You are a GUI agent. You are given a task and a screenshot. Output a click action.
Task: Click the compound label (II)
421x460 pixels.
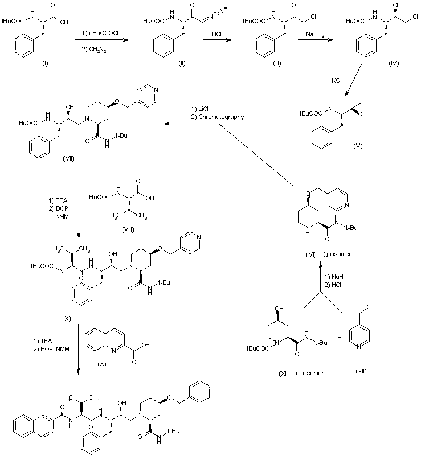point(181,62)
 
